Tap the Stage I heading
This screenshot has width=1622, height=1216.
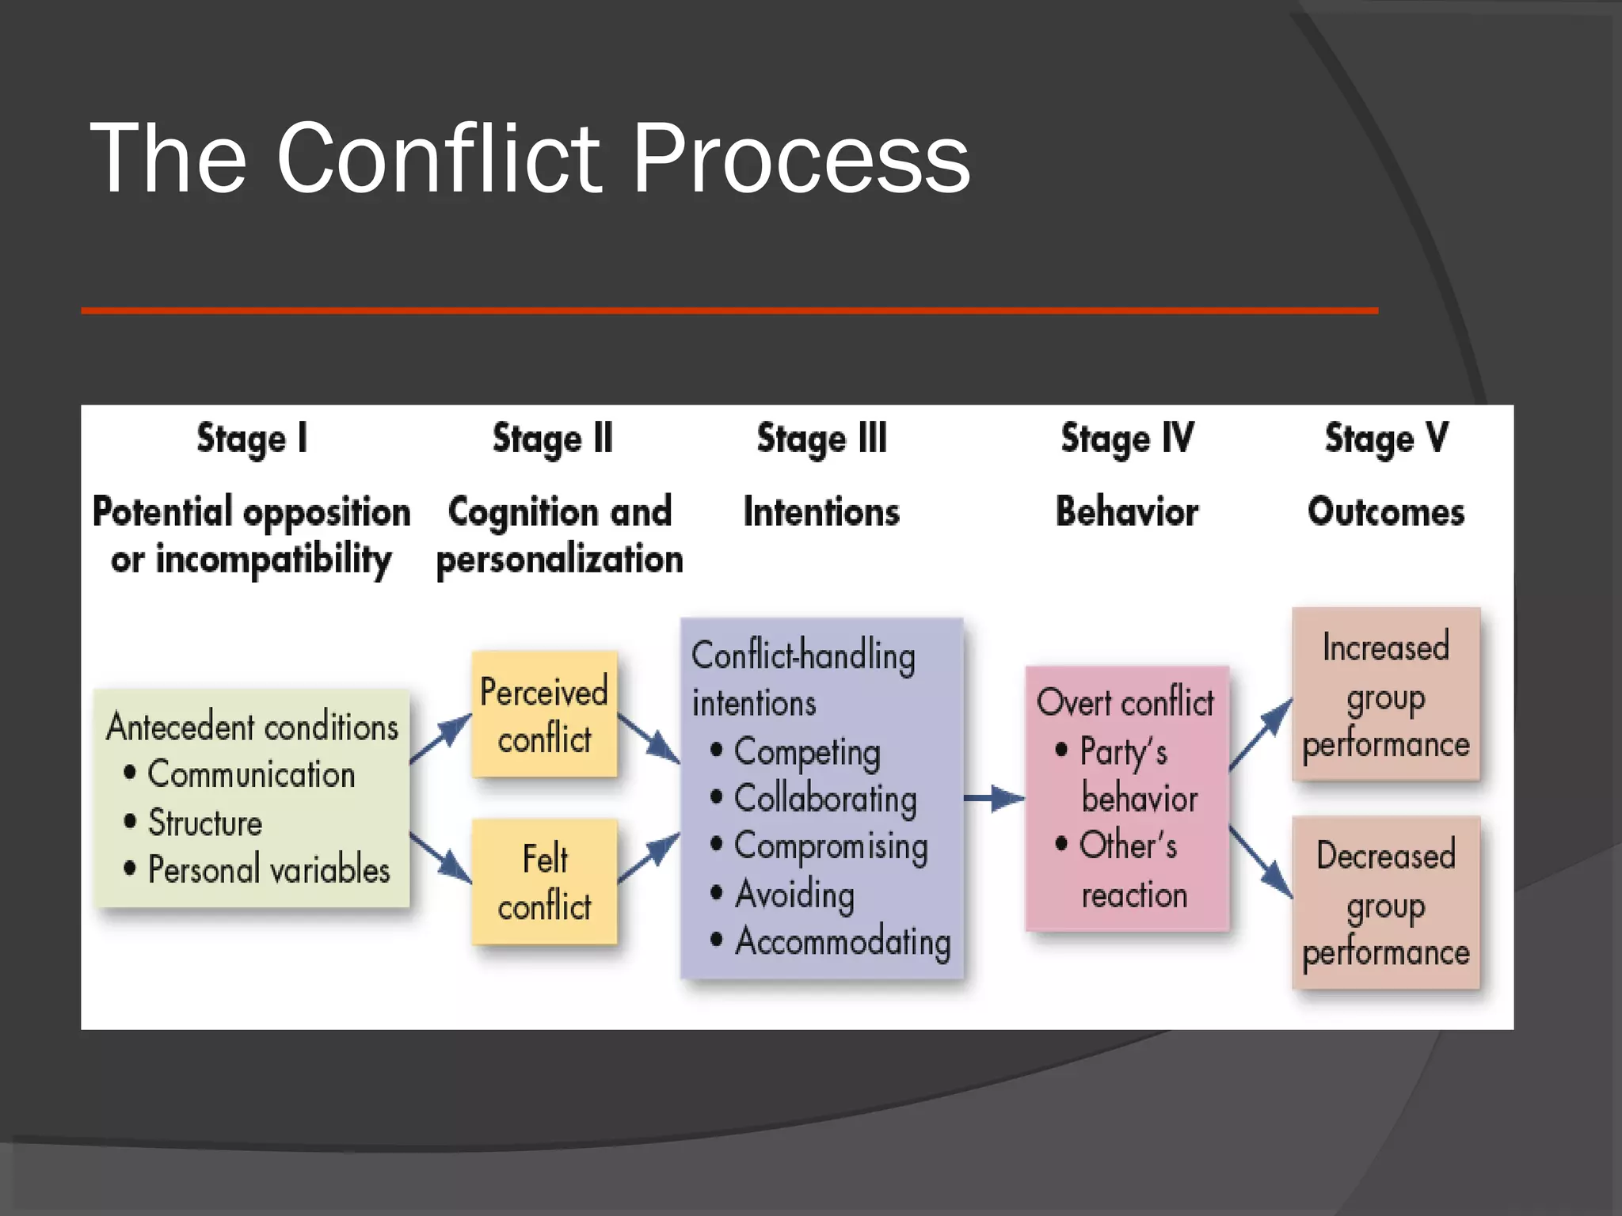point(252,439)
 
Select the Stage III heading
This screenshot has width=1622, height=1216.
point(821,439)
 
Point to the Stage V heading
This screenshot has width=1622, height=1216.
point(1386,439)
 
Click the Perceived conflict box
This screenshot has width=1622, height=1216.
point(544,714)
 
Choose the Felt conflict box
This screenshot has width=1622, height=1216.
point(544,881)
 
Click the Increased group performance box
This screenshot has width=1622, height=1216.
point(1385,694)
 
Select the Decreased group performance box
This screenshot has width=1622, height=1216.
point(1385,902)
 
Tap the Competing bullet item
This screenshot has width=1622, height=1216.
point(806,752)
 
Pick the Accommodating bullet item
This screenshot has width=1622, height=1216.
point(842,942)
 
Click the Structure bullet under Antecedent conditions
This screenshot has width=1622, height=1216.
point(204,823)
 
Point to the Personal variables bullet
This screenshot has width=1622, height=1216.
point(268,870)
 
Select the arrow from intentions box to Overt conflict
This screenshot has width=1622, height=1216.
point(994,798)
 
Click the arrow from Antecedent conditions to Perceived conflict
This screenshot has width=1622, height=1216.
point(440,738)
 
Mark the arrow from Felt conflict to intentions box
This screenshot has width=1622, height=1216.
point(649,857)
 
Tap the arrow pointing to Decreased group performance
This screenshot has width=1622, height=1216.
point(1261,863)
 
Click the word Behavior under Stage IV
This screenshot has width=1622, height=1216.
point(1126,511)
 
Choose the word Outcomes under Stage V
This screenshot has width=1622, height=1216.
point(1386,511)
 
